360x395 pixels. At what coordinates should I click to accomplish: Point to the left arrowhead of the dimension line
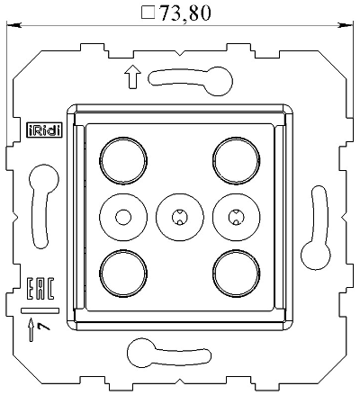point(13,27)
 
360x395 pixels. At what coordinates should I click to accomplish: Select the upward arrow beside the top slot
point(135,79)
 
